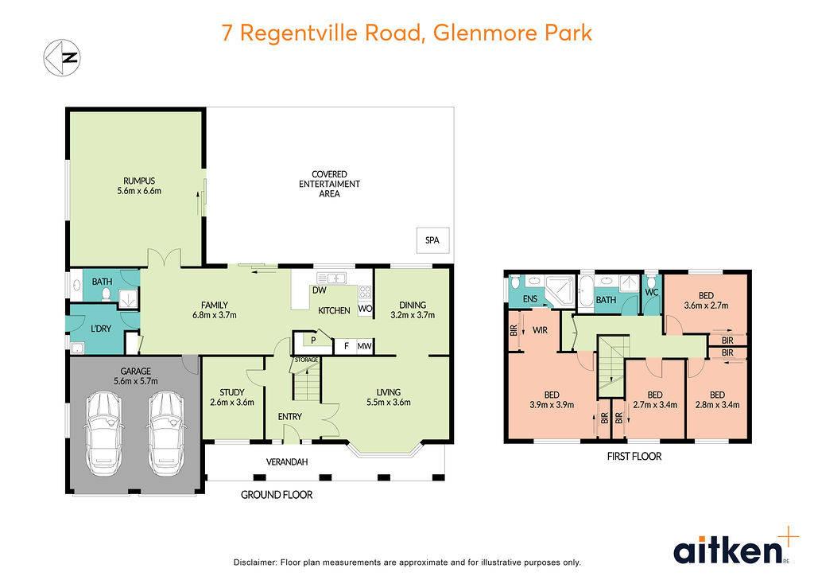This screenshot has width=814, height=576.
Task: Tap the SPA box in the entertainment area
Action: [x=432, y=239]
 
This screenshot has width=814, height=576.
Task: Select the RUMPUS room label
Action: [x=137, y=185]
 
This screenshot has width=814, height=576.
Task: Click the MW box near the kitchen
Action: [x=364, y=346]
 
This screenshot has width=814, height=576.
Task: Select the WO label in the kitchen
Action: [x=365, y=308]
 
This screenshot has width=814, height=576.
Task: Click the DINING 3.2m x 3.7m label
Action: [x=413, y=309]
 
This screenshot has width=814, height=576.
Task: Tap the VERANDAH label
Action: [x=286, y=462]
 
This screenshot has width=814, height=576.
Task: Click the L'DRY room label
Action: [x=100, y=329]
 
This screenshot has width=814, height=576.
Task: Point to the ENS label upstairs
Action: [x=529, y=300]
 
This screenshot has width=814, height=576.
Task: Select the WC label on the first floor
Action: [x=653, y=293]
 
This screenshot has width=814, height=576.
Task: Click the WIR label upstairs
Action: [x=540, y=329]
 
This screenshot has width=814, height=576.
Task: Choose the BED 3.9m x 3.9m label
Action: [x=552, y=399]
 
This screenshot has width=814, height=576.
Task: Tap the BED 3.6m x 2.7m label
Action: [x=706, y=300]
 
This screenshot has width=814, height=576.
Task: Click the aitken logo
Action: [x=727, y=549]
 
